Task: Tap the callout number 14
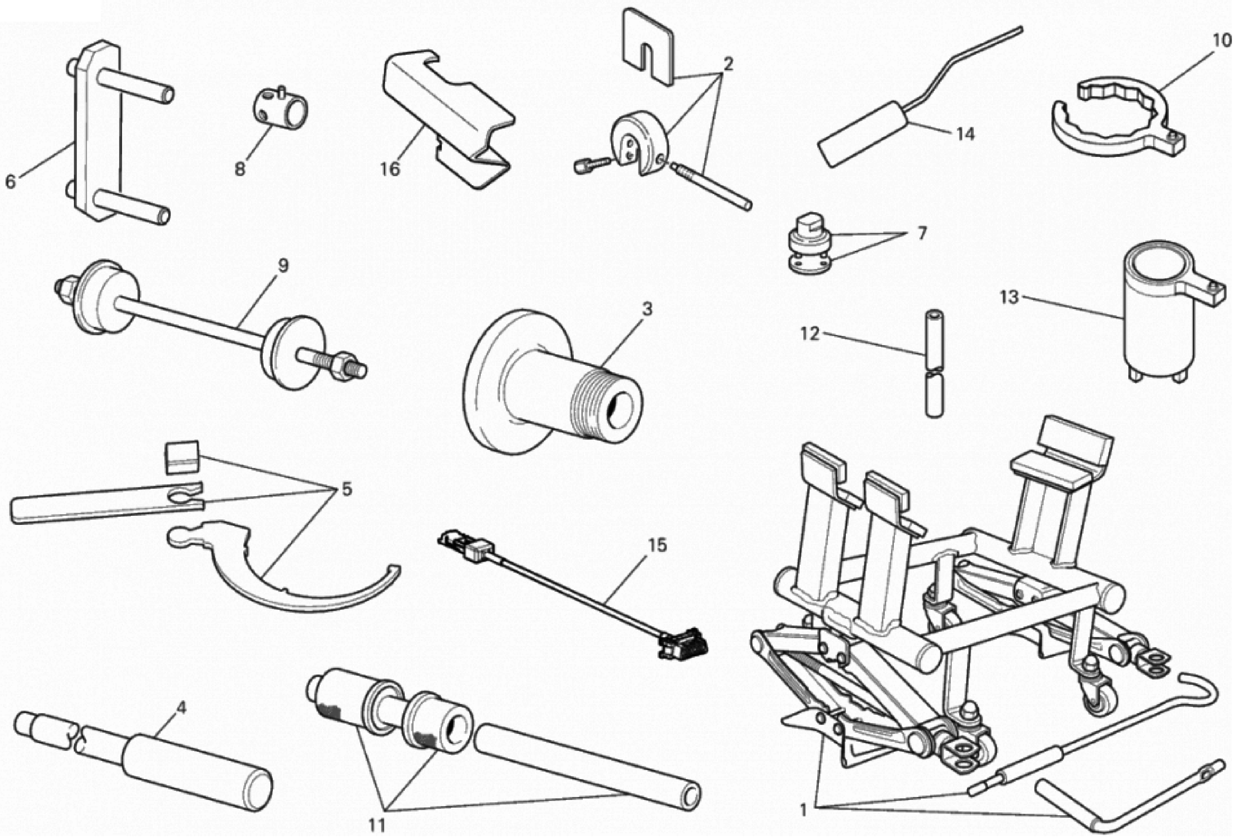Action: tap(965, 134)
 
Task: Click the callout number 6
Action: tap(10, 182)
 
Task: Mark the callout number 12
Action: tap(809, 334)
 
